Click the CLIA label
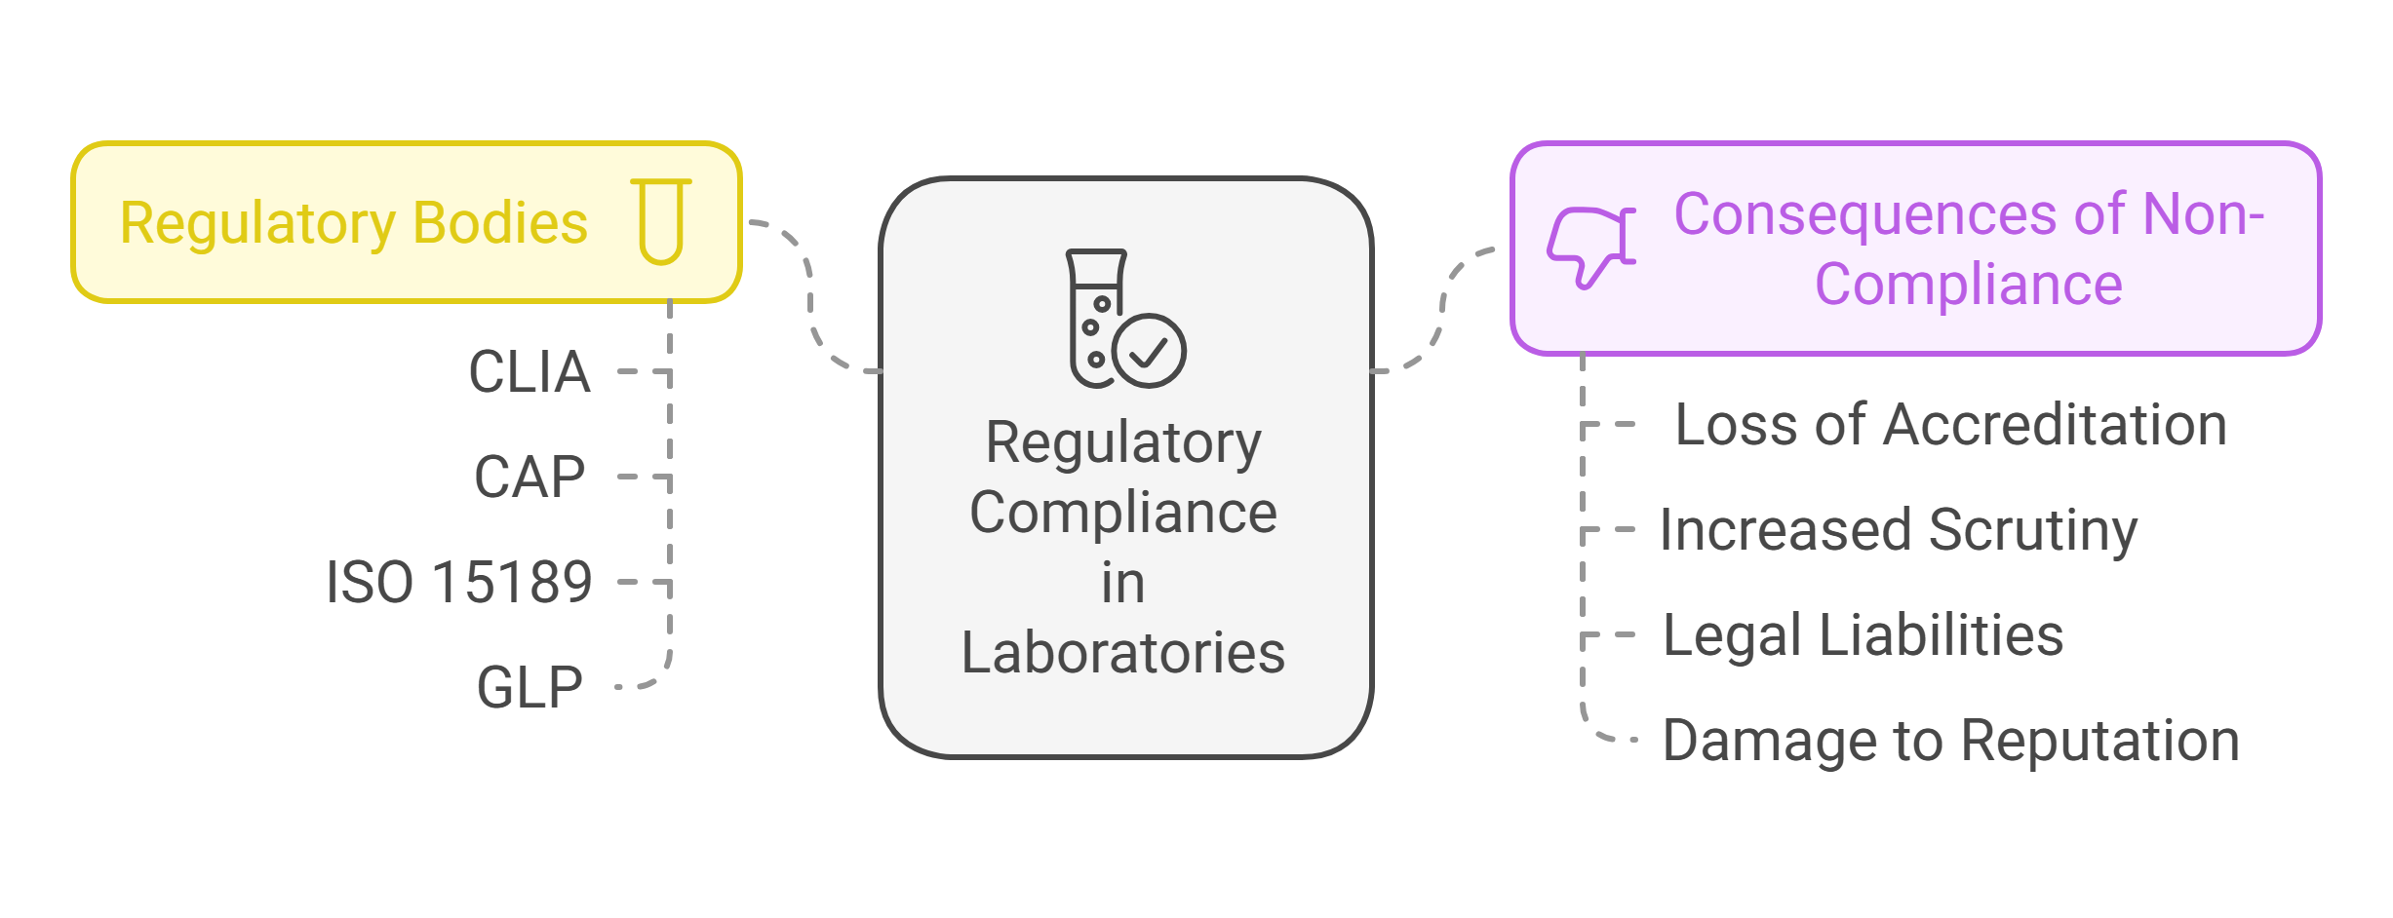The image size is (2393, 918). (x=530, y=372)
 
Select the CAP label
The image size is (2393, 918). (x=530, y=478)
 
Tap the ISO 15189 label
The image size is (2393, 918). (x=458, y=583)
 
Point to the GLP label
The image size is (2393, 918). (x=530, y=688)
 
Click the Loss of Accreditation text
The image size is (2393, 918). (x=1950, y=426)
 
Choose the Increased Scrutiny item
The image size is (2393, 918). (x=1898, y=531)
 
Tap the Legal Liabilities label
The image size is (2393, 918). (x=1863, y=636)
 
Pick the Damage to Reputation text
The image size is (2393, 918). (x=1950, y=742)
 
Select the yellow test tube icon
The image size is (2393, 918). (x=661, y=221)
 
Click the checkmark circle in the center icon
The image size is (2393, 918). (x=1149, y=351)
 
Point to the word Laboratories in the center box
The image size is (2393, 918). (x=1123, y=653)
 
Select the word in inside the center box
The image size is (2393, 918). (x=1123, y=584)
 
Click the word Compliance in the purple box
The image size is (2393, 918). (x=1968, y=285)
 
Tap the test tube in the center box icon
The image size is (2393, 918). (x=1094, y=317)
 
